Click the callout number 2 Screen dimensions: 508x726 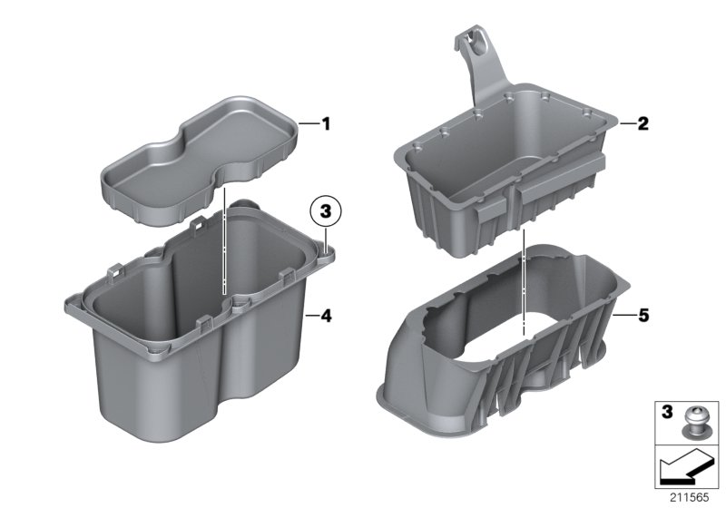coord(643,123)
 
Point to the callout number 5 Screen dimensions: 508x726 coord(643,316)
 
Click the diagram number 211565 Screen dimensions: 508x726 coord(689,497)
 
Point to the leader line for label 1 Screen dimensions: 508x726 coord(308,122)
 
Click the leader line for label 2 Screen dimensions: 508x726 coord(624,123)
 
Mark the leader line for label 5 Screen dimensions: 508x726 coord(624,316)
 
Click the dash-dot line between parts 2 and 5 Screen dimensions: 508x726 coord(525,272)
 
